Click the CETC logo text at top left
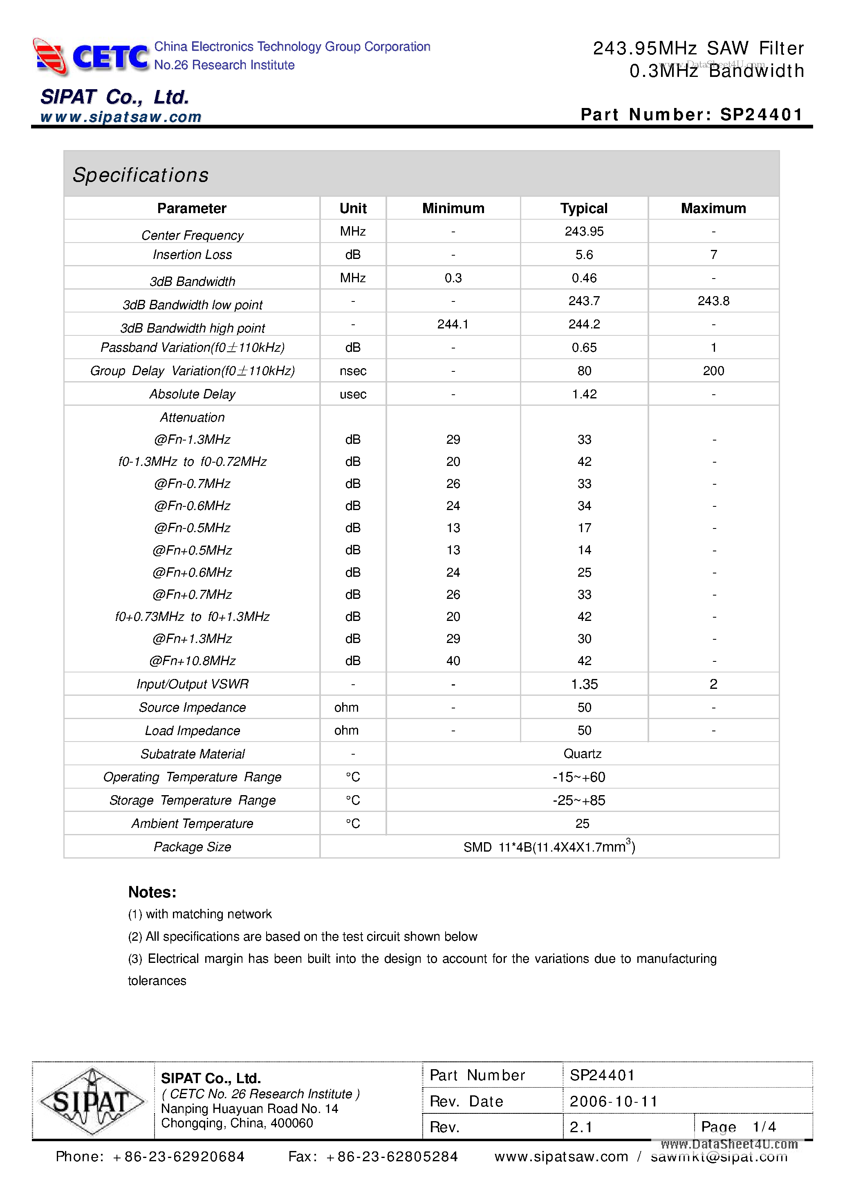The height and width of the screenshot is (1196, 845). click(110, 57)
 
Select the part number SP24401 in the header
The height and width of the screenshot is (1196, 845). click(761, 115)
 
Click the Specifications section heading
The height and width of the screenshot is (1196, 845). click(141, 175)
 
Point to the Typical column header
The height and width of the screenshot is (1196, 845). click(584, 208)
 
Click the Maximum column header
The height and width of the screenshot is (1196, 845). click(713, 208)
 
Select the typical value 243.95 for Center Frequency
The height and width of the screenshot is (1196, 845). click(584, 231)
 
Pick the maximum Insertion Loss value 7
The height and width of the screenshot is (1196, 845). click(713, 255)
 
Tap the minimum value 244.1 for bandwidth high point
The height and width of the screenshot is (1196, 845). click(453, 324)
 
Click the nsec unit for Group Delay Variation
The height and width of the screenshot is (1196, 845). click(352, 371)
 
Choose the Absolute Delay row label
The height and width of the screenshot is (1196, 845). click(192, 394)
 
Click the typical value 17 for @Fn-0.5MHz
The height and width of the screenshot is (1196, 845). click(584, 528)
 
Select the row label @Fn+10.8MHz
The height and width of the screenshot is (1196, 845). click(192, 661)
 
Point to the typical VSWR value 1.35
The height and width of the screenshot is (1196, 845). click(584, 684)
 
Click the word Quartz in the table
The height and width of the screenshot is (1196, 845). click(582, 754)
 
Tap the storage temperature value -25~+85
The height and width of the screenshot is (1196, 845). click(578, 800)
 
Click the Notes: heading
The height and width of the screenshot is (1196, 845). click(152, 893)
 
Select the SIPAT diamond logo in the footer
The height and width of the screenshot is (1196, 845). click(92, 1101)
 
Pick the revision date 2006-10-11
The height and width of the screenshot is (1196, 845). click(613, 1101)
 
